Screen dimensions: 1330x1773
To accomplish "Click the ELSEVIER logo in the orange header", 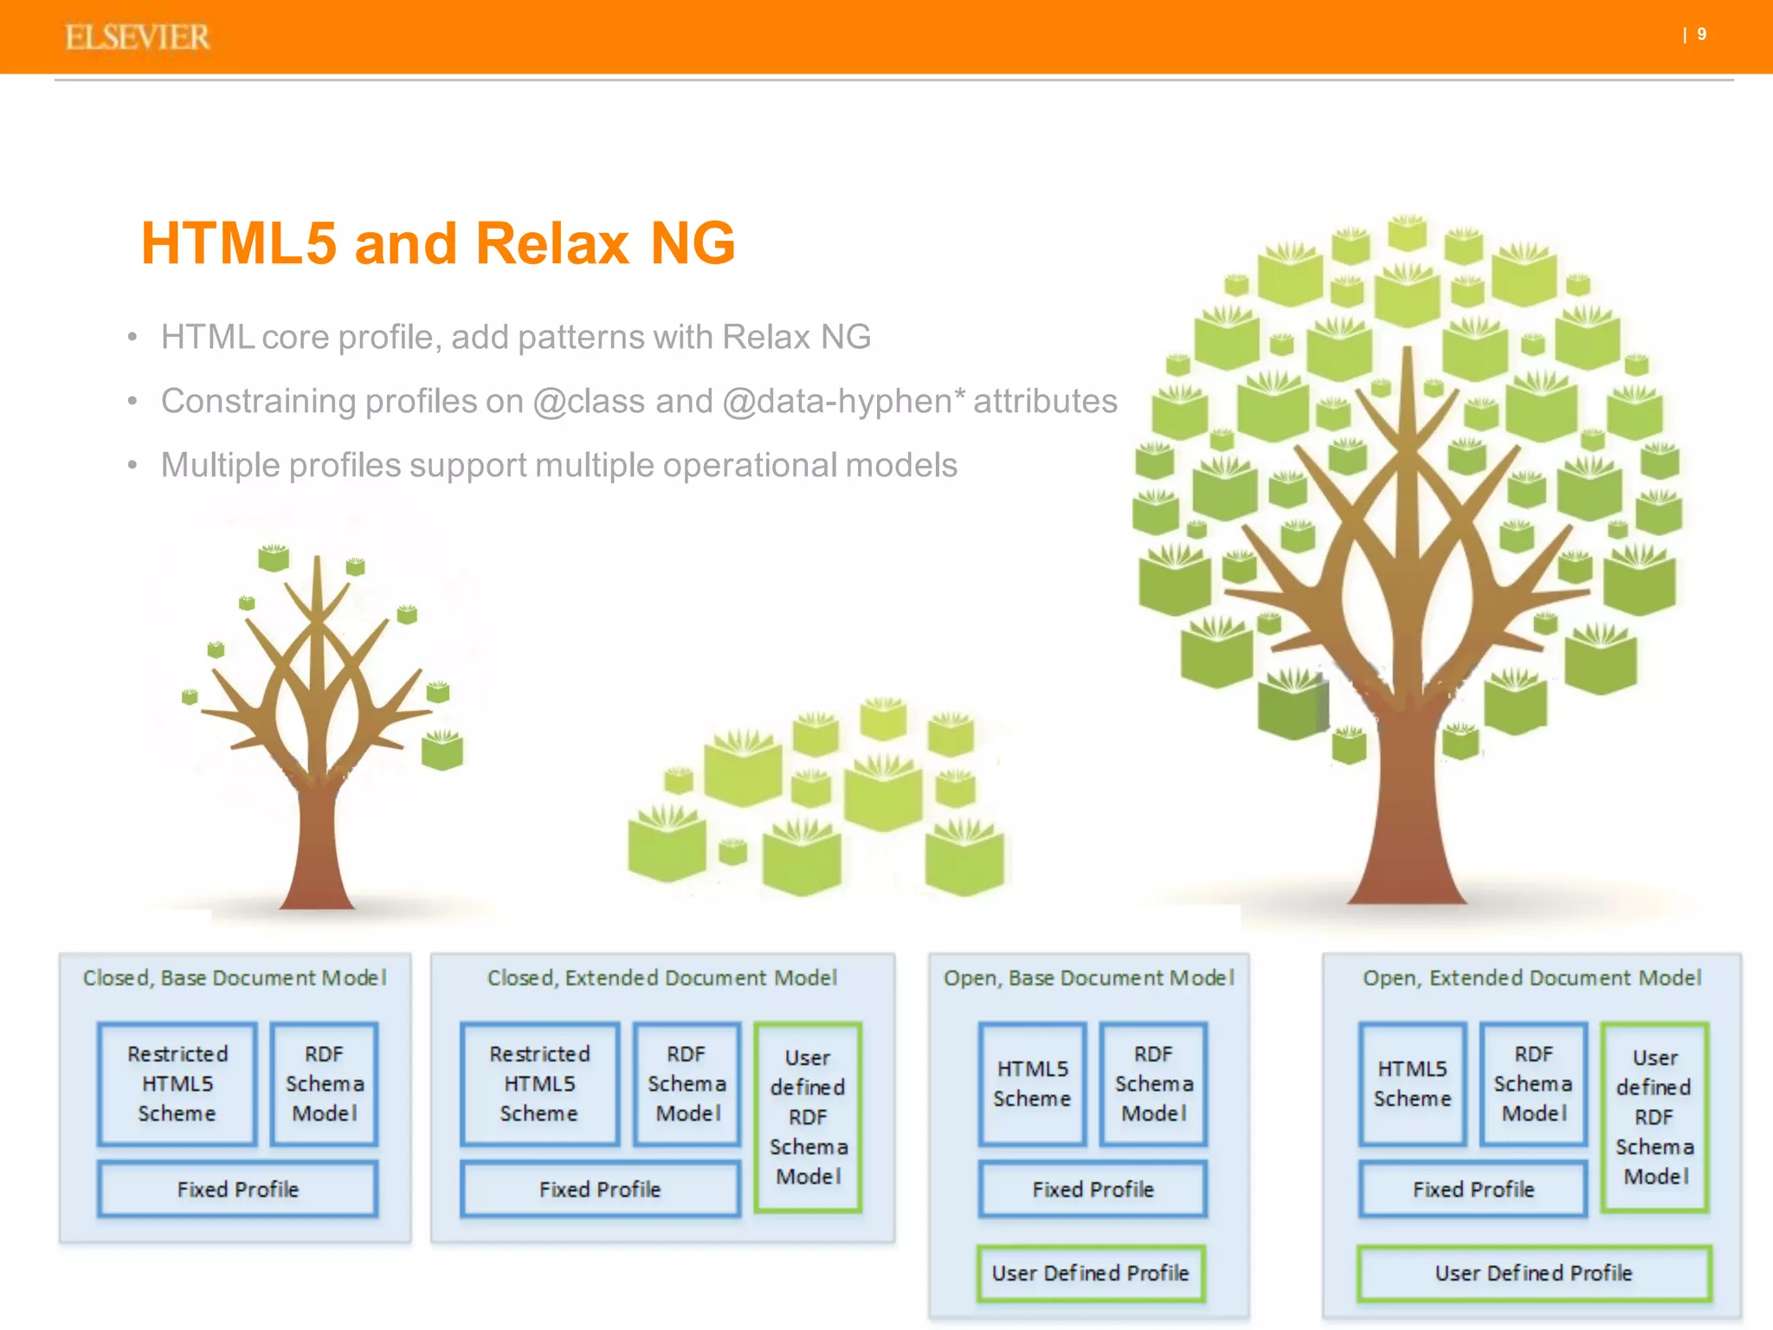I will pos(137,37).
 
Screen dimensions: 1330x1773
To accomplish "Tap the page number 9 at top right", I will pos(1701,35).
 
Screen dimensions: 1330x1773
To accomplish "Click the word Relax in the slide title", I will pos(551,243).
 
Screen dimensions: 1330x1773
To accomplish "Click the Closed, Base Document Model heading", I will pos(234,978).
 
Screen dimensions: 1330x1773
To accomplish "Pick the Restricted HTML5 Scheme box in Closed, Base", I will pos(177,1083).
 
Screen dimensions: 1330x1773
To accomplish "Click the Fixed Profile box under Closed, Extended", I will pos(600,1189).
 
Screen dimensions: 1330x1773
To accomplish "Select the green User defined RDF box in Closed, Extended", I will pos(808,1116).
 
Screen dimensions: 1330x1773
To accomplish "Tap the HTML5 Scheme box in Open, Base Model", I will pos(1032,1083).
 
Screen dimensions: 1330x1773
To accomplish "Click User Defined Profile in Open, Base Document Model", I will pos(1090,1273).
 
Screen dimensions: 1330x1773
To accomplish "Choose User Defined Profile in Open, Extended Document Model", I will pos(1533,1273).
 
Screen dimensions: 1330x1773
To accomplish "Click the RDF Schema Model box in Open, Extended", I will pos(1533,1083).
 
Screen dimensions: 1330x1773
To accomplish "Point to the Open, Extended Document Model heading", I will pos(1531,978).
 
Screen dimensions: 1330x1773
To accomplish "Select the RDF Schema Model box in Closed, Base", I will pos(325,1083).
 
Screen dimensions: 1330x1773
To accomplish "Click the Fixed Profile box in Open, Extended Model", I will pos(1473,1189).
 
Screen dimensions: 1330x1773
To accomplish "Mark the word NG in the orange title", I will pos(693,243).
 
